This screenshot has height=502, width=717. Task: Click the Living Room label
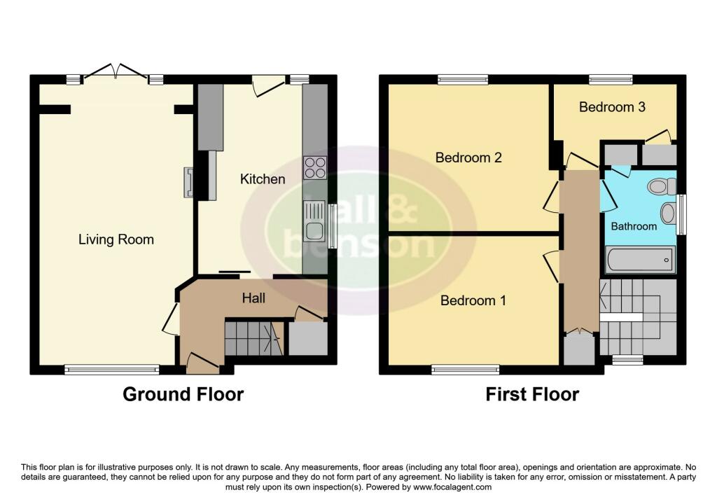point(116,239)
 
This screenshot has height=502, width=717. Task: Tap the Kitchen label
point(263,179)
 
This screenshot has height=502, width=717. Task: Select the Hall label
point(253,298)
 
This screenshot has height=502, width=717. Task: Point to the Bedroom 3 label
point(612,107)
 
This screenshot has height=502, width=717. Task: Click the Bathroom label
point(634,226)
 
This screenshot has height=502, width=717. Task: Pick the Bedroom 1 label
point(473,300)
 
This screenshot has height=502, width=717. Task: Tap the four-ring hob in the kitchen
point(315,167)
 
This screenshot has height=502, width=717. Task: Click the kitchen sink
point(314,222)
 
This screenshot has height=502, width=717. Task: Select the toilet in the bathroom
point(662,186)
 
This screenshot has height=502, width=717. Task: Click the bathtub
point(640,260)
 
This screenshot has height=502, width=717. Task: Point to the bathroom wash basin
point(668,213)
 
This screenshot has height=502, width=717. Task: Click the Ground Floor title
point(183,394)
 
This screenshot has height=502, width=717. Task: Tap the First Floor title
point(532,394)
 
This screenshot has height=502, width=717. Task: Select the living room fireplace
point(188,183)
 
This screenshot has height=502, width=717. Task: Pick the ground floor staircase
point(254,338)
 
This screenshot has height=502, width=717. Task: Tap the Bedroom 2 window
point(463,80)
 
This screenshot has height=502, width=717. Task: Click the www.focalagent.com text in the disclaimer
point(453,487)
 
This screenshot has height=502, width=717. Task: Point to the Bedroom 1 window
point(466,370)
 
